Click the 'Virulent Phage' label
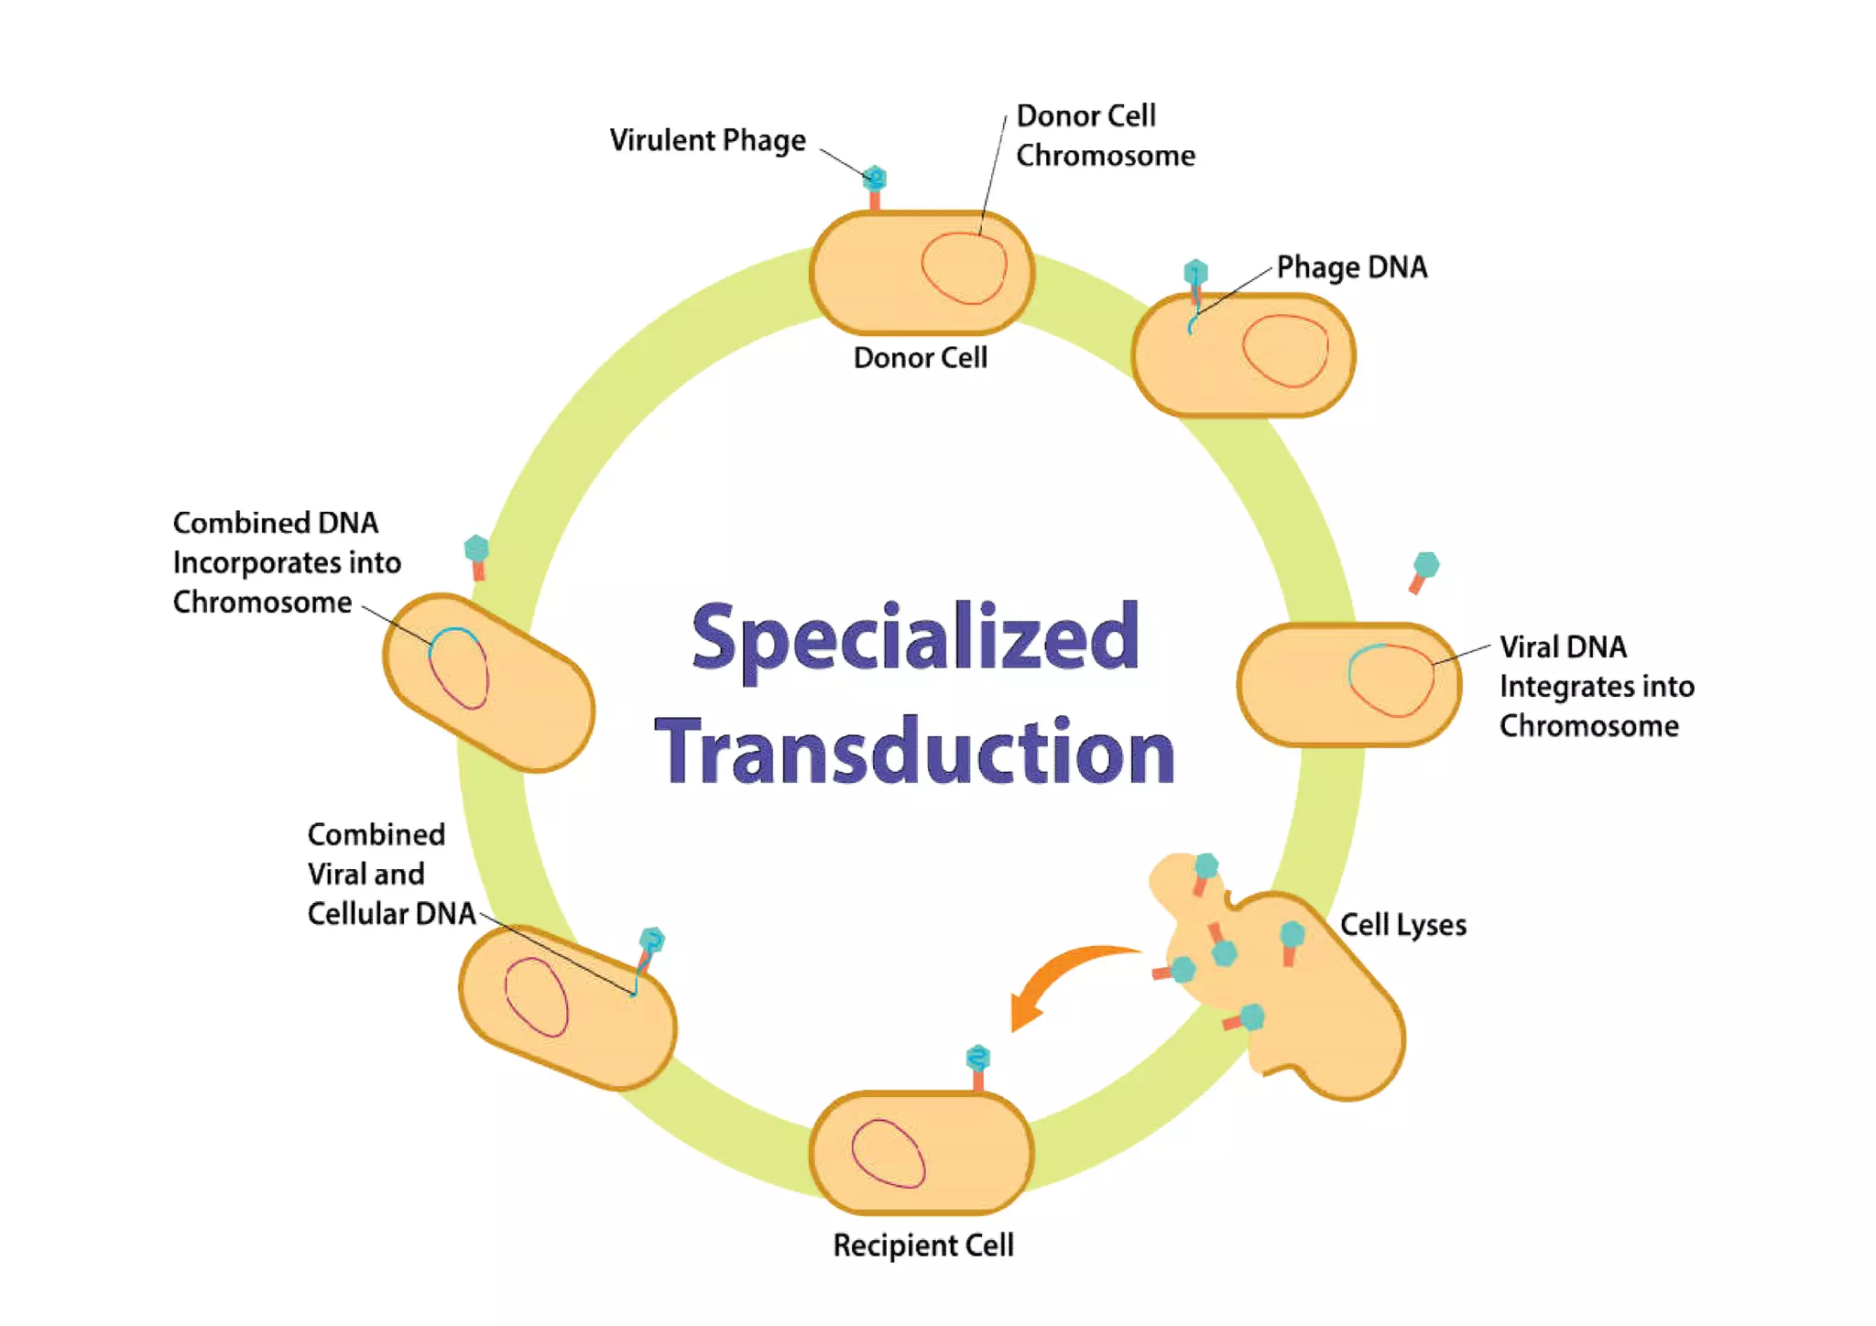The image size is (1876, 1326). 707,140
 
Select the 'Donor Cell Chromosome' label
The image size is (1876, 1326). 1105,136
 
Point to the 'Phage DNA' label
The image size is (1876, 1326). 1351,267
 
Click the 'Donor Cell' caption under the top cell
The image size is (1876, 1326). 920,357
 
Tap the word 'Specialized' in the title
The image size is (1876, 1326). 915,637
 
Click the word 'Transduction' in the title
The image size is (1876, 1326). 915,751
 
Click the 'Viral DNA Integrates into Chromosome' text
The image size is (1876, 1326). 1596,686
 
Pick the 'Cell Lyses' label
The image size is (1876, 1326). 1402,925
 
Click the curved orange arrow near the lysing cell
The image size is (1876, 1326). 1063,980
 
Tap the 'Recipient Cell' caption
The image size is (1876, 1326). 922,1245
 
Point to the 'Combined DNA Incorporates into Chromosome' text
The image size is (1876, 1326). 286,562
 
